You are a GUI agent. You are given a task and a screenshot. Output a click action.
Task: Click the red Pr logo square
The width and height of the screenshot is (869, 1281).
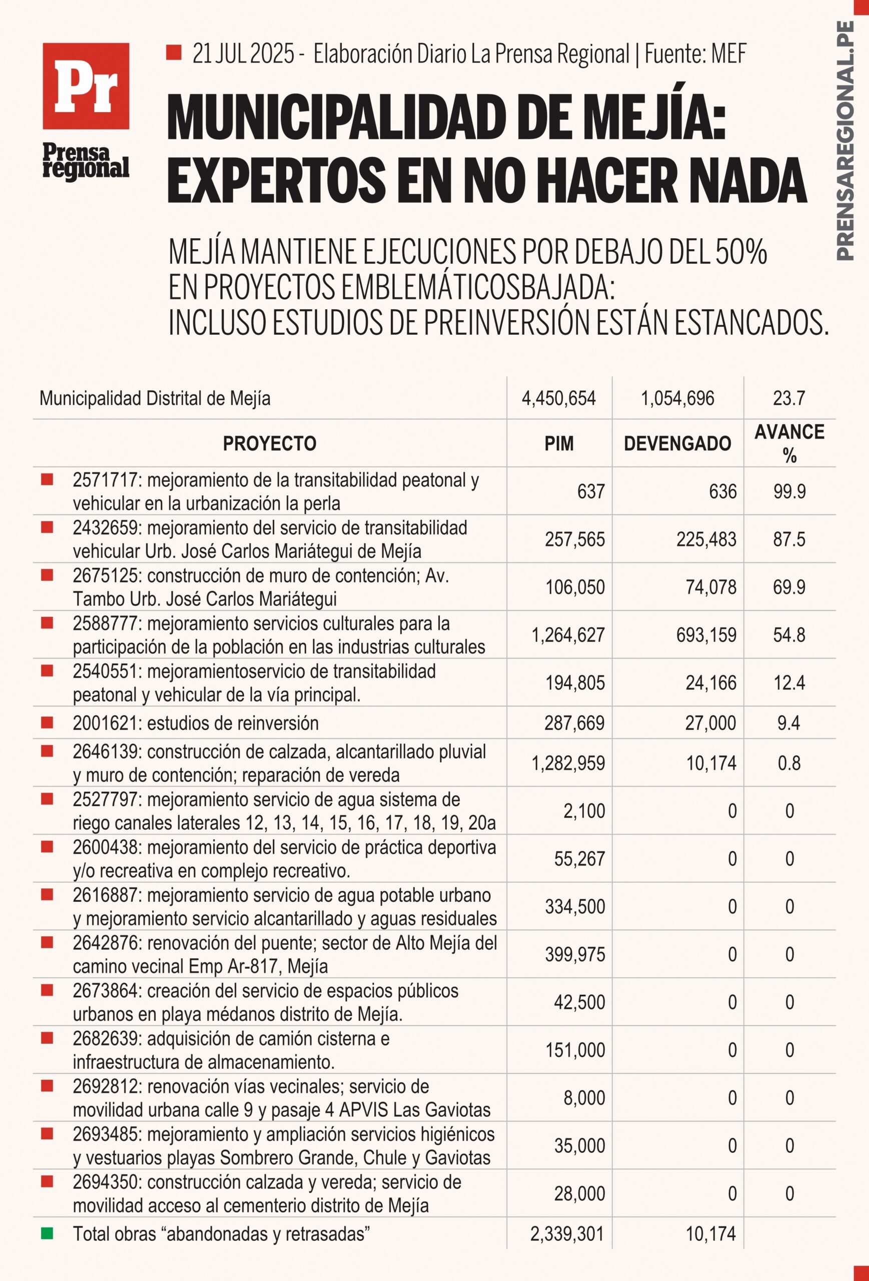(86, 86)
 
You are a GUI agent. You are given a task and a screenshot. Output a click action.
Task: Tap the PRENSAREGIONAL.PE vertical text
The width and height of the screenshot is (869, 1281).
(845, 141)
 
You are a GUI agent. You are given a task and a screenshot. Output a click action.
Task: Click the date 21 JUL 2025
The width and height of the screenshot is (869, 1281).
(243, 54)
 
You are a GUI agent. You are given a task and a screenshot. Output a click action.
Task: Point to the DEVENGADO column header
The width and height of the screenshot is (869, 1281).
(677, 444)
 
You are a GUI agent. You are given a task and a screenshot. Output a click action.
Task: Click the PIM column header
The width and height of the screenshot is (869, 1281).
(559, 444)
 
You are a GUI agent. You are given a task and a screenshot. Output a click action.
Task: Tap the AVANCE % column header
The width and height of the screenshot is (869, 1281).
(789, 443)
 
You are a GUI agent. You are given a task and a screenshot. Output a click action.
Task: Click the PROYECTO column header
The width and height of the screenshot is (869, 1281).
(270, 444)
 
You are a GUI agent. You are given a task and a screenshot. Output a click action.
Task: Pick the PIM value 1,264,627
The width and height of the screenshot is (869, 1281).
(568, 635)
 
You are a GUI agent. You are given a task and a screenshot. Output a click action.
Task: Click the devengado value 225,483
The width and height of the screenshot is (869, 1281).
(706, 539)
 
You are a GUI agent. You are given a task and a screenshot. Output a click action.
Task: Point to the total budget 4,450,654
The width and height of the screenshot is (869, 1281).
(559, 398)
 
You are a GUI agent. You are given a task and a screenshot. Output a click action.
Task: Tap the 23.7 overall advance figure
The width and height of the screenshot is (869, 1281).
(789, 398)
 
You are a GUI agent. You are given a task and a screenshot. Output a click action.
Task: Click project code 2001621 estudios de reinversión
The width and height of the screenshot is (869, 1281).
(196, 723)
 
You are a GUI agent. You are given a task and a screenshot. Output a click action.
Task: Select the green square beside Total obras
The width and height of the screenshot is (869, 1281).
(47, 1233)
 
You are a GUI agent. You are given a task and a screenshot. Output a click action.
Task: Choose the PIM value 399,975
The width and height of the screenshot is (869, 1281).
(575, 955)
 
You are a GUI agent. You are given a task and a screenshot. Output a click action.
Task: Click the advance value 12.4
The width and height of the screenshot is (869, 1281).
(789, 683)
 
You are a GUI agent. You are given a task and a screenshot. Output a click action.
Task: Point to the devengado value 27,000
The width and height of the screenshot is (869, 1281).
(710, 723)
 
